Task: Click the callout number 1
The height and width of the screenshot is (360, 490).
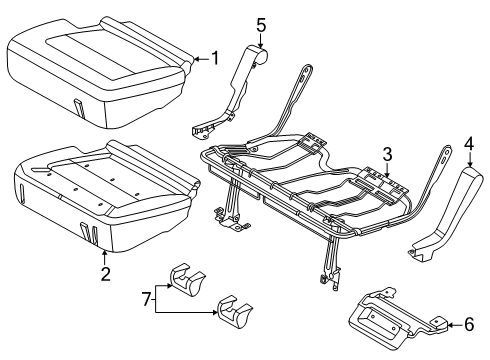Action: pyautogui.click(x=214, y=58)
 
